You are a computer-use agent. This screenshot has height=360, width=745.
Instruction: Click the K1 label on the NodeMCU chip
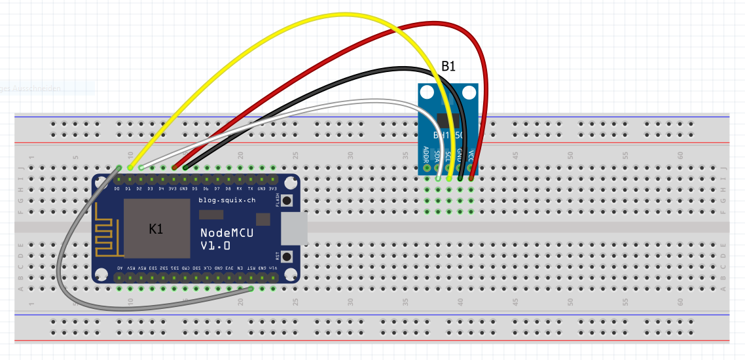156,229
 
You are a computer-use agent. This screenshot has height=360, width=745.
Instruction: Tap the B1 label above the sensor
448,66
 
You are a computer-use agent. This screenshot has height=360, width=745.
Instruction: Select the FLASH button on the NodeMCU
286,201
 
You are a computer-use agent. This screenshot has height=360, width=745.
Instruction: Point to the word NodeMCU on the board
227,232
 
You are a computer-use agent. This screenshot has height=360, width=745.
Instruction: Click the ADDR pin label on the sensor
427,154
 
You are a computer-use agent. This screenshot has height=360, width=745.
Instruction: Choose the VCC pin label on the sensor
471,156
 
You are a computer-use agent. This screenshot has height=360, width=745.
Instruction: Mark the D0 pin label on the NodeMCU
117,189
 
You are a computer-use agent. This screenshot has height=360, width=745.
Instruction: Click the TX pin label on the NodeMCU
251,189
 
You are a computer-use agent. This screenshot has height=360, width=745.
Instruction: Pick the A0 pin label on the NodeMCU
119,268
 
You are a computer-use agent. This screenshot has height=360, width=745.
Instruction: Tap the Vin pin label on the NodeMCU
274,268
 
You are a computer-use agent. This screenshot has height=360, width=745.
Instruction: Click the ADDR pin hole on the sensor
427,168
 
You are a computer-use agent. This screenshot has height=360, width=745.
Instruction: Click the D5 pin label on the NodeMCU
195,189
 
